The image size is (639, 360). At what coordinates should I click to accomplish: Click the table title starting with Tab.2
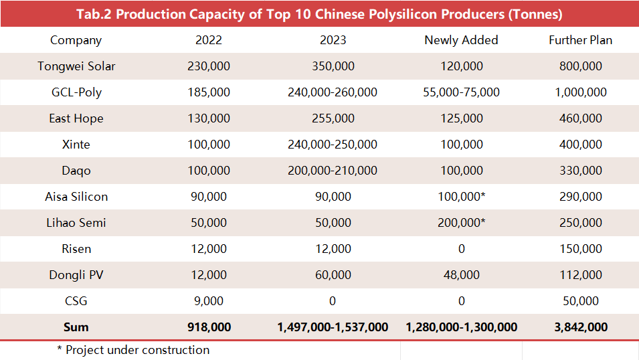click(x=319, y=14)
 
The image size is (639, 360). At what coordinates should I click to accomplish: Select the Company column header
click(x=76, y=40)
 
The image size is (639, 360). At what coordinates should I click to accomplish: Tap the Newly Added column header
click(x=461, y=40)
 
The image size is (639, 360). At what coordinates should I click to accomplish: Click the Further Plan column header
click(x=580, y=40)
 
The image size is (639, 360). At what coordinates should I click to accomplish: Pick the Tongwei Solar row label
click(x=76, y=66)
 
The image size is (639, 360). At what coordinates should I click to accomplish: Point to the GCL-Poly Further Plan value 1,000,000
click(x=580, y=92)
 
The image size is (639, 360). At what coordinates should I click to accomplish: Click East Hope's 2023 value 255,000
click(x=333, y=118)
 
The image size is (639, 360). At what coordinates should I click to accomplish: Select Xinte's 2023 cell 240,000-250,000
click(x=333, y=145)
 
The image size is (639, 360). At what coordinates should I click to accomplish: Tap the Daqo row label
click(x=76, y=171)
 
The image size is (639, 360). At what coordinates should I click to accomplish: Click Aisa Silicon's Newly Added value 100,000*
click(x=461, y=197)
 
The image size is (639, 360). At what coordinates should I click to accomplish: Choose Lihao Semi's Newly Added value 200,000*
click(x=461, y=223)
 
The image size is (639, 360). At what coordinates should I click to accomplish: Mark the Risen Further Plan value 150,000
click(x=580, y=249)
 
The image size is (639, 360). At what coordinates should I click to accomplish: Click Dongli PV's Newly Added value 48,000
click(x=461, y=275)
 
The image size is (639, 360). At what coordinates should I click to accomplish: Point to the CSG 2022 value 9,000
click(x=209, y=301)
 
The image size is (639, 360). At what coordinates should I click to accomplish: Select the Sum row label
click(x=76, y=327)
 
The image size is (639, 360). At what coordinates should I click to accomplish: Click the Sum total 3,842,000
click(x=580, y=327)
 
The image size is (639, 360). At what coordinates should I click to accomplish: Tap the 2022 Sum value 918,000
click(x=209, y=327)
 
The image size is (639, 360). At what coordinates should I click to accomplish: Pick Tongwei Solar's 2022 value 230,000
click(x=209, y=66)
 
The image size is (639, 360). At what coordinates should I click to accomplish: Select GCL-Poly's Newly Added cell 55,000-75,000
click(x=461, y=92)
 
